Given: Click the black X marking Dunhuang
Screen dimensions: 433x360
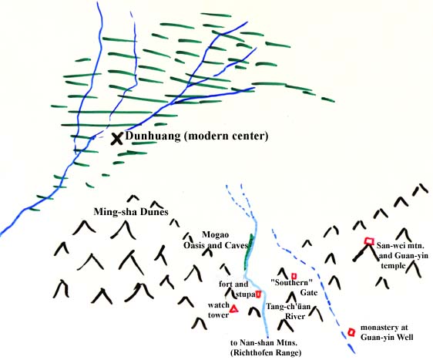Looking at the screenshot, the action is [x=117, y=139].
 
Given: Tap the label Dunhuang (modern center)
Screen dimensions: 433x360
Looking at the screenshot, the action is [x=196, y=136].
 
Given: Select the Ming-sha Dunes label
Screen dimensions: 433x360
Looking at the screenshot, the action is [x=131, y=212].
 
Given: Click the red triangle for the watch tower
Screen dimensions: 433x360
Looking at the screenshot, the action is [x=234, y=309].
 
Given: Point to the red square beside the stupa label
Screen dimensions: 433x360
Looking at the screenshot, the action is [x=258, y=294].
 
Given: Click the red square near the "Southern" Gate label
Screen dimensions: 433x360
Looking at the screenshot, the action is [x=294, y=276].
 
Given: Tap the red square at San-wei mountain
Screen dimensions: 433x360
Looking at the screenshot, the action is [x=369, y=241].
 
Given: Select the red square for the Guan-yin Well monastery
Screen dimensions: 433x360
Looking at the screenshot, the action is [x=351, y=332].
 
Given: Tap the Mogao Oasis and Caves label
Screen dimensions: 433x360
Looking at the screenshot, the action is [x=216, y=240].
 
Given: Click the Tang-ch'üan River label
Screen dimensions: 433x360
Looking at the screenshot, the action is [x=288, y=311].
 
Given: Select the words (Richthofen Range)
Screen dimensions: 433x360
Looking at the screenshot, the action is [x=266, y=353].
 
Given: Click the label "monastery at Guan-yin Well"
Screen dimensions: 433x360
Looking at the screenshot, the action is [x=387, y=332].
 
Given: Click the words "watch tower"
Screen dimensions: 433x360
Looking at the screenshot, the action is [x=219, y=310].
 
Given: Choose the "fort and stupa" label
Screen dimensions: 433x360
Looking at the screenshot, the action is [x=237, y=289].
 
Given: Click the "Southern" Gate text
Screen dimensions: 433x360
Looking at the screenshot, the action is [x=294, y=288].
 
